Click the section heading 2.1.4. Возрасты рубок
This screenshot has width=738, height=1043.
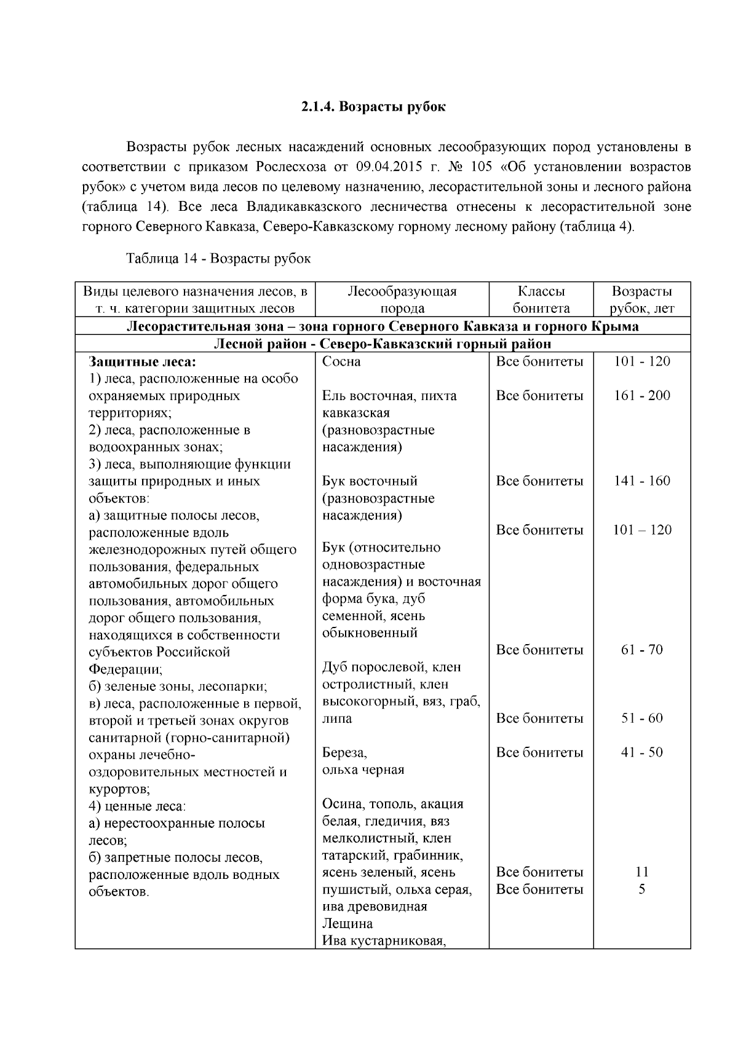point(373,107)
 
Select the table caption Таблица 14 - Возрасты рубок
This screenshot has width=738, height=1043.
point(218,259)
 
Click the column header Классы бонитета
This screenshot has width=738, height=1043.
point(541,300)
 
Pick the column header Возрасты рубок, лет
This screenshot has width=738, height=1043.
point(641,300)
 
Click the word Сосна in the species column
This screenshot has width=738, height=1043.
point(341,361)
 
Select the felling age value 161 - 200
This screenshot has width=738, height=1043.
point(641,396)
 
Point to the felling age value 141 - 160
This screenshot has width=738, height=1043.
point(641,481)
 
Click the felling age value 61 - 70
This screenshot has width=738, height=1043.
point(641,650)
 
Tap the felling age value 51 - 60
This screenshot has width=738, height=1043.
point(641,718)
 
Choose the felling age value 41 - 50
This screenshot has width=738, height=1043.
point(641,753)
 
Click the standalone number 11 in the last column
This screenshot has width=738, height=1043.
point(641,872)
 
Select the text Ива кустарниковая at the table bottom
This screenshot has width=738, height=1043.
point(384,941)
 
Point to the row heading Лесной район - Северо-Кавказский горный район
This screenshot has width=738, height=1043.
point(382,344)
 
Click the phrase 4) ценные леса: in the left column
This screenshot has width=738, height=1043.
point(137,805)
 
